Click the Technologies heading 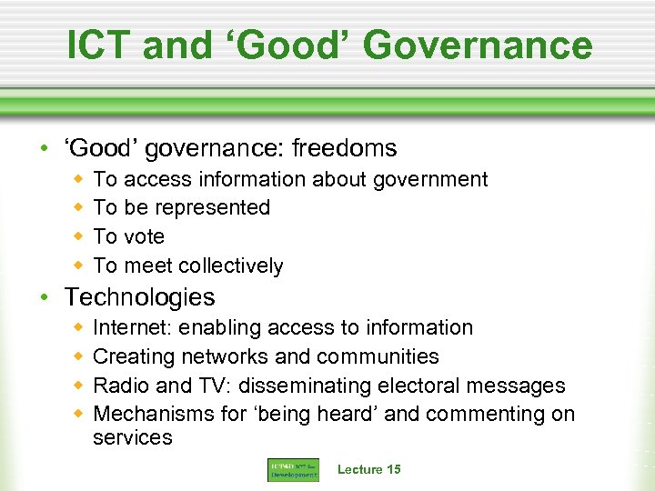[x=140, y=297]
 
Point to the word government [x=429, y=180]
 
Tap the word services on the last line [x=133, y=437]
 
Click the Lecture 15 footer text [x=368, y=469]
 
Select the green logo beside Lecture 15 [x=293, y=470]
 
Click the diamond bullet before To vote [x=79, y=236]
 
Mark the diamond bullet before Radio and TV [x=79, y=385]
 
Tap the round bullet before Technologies [x=54, y=298]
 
